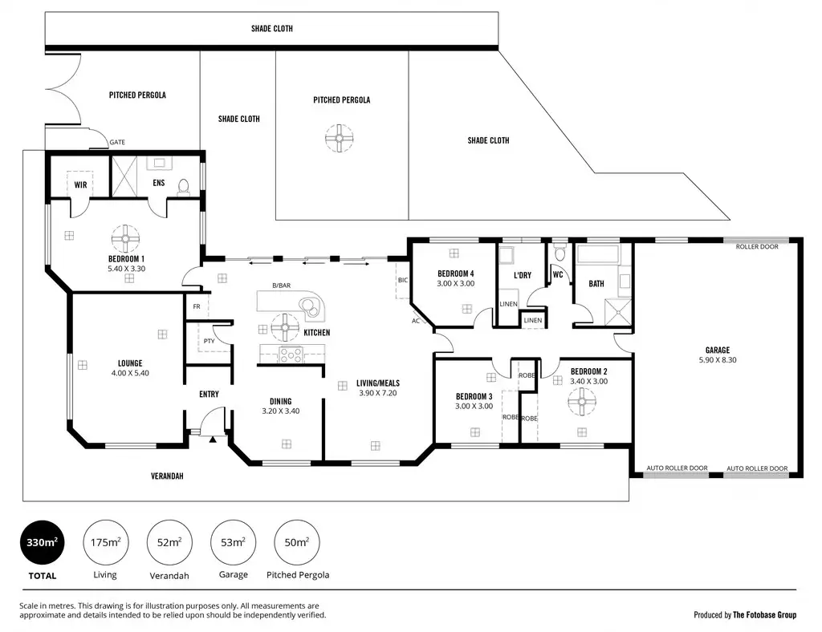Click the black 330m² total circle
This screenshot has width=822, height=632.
pyautogui.click(x=42, y=543)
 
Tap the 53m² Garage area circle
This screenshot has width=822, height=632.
pyautogui.click(x=233, y=543)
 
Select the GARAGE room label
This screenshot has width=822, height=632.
pyautogui.click(x=717, y=350)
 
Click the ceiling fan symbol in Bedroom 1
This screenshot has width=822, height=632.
pyautogui.click(x=125, y=239)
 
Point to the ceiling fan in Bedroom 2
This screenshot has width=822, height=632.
pyautogui.click(x=582, y=402)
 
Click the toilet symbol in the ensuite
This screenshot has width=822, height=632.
pyautogui.click(x=184, y=188)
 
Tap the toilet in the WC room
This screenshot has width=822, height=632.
pyautogui.click(x=560, y=253)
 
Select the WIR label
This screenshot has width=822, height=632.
pyautogui.click(x=80, y=184)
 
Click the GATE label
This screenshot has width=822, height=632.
pyautogui.click(x=117, y=142)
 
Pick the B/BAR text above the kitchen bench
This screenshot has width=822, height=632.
pyautogui.click(x=281, y=286)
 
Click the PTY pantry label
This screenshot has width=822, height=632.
pyautogui.click(x=210, y=341)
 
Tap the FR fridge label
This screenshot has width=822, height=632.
pyautogui.click(x=197, y=306)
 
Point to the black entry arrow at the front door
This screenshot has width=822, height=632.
pyautogui.click(x=212, y=440)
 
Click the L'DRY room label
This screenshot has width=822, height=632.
pyautogui.click(x=523, y=275)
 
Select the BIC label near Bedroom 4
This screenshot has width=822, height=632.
pyautogui.click(x=403, y=280)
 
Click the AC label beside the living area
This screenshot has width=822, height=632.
pyautogui.click(x=416, y=321)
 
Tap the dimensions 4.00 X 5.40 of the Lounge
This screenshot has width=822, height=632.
pyautogui.click(x=130, y=373)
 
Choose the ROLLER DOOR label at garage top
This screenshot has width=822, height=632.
pyautogui.click(x=757, y=246)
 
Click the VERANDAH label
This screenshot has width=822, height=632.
pyautogui.click(x=167, y=476)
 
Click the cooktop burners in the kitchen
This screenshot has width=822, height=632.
pyautogui.click(x=291, y=355)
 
